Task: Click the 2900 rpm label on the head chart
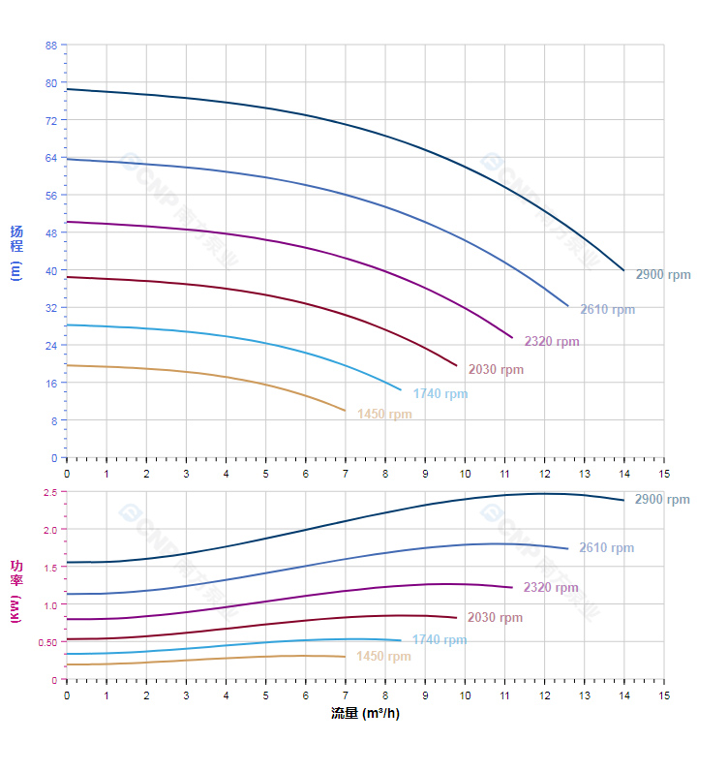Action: [663, 275]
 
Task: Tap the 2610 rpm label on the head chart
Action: [607, 310]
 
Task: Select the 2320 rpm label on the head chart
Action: [552, 342]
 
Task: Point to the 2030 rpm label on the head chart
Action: [496, 370]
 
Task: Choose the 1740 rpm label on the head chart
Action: [440, 394]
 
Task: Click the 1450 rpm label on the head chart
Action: [384, 415]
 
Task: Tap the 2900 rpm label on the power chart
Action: [662, 500]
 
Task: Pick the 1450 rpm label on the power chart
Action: [383, 657]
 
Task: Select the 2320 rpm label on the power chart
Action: [551, 588]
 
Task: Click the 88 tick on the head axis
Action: [51, 46]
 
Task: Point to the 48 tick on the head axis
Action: [51, 233]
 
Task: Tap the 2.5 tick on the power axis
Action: [49, 493]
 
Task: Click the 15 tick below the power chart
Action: [663, 695]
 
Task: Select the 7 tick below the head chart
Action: [346, 473]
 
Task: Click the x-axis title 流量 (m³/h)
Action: [364, 715]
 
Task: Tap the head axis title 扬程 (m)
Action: [15, 252]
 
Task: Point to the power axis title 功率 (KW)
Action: [15, 590]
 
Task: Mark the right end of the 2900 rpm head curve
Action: [623, 270]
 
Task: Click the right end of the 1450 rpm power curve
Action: [346, 657]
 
